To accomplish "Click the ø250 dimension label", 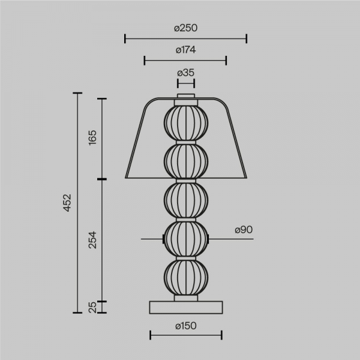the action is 185,28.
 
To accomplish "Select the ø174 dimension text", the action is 185,50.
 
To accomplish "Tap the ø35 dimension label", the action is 185,73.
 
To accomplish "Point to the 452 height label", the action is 67,203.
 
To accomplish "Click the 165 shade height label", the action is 92,137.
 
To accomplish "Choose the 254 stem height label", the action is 92,240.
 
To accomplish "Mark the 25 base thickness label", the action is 92,307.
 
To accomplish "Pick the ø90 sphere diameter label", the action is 244,230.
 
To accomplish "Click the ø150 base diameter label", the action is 186,326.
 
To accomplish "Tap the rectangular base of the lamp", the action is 186,307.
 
